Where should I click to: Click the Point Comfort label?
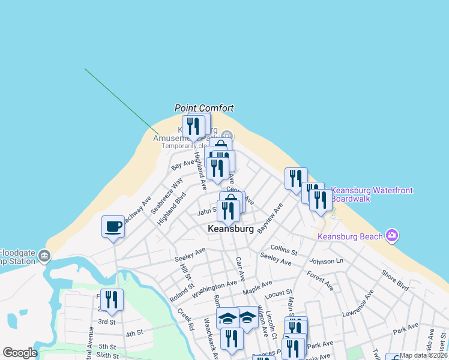tap(203, 108)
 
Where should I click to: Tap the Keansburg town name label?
tap(231, 229)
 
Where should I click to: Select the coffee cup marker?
tap(113, 227)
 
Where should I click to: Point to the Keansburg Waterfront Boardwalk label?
tap(372, 194)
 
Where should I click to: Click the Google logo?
tap(20, 353)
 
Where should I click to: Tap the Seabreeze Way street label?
tap(167, 196)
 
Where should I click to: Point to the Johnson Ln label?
tap(326, 261)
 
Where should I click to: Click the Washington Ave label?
tap(214, 289)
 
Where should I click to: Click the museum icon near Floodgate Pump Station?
tap(44, 257)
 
